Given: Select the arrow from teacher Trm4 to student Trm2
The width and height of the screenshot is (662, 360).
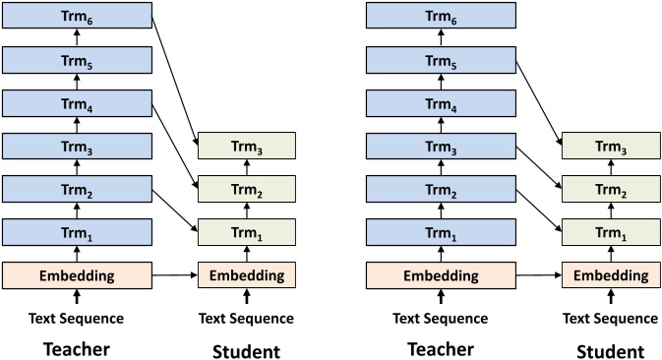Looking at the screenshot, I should coord(176,140).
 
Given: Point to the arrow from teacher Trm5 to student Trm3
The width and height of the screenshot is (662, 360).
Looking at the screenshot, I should coord(539,102).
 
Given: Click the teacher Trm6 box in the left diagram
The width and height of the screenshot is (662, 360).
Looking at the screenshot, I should coord(77,15).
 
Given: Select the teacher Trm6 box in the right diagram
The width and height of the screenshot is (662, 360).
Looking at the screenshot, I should coord(440,15).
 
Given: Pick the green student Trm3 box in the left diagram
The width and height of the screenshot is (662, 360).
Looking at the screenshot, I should coord(246,147).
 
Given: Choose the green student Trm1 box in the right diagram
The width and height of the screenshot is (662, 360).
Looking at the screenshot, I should coord(609,233).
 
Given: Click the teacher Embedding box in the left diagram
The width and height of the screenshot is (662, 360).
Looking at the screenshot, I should coord(77,275).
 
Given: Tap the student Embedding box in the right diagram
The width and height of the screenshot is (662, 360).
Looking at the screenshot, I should coord(609,275).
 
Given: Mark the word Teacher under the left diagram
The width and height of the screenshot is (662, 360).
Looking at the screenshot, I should coord(77,349).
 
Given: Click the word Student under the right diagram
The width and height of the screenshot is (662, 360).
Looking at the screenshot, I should coord(609,350).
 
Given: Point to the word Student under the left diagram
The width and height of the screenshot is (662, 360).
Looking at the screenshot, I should coord(246,350).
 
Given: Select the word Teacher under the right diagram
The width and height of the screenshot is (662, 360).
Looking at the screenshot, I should coord(440,349).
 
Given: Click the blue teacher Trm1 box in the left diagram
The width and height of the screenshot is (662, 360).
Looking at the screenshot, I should coord(77,233).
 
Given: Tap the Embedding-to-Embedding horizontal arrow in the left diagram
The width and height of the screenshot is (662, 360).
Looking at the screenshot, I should coord(175,276).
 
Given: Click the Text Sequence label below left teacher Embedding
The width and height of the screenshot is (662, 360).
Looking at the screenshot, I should coord(77,318).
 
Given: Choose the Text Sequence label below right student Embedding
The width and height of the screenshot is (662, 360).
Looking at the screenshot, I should coord(609,318).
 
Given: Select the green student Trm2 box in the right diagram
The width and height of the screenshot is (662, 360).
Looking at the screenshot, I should coord(609,190).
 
